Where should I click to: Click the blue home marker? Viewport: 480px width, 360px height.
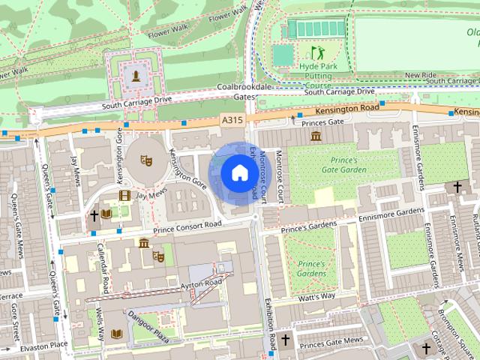238,173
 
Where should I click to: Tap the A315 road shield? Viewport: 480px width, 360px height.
232,120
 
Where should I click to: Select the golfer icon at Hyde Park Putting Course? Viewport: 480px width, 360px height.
316,52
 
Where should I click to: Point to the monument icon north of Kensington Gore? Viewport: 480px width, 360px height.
136,75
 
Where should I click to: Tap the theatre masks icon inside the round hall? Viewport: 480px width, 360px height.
146,159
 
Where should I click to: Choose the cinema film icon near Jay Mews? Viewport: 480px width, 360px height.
124,196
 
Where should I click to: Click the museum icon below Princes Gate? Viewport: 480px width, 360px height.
316,136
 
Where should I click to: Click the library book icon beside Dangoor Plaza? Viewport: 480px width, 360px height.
115,334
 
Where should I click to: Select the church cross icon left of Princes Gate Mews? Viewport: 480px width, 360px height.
285,340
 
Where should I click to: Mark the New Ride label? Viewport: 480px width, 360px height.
420,76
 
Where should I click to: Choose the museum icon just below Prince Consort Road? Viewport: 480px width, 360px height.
142,242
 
